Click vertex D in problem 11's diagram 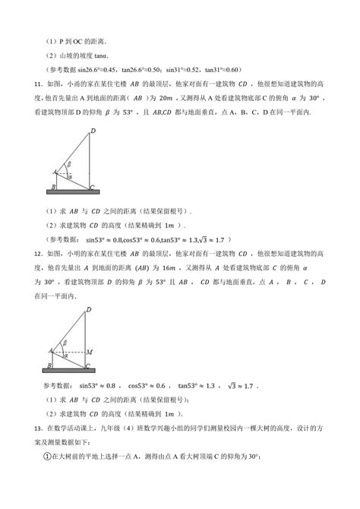[115, 131]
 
